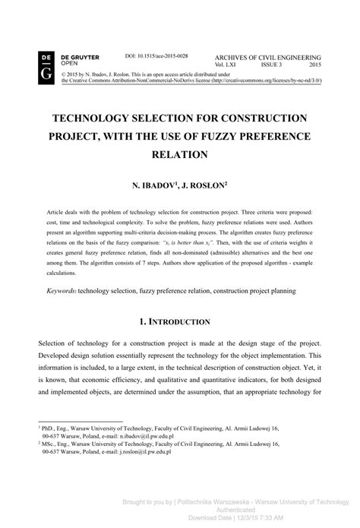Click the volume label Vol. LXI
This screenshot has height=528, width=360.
[229, 65]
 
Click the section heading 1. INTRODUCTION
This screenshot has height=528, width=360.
[179, 322]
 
